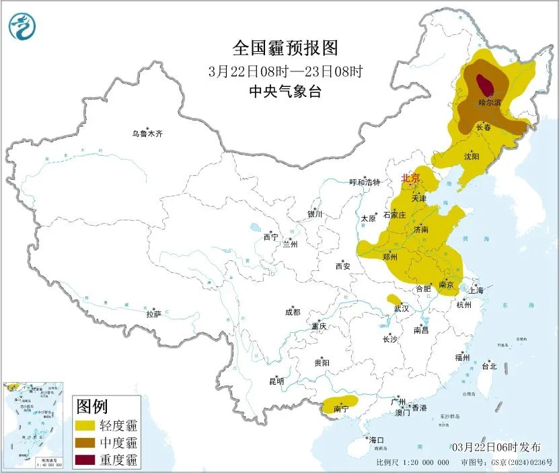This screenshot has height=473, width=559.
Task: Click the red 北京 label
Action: point(410,179)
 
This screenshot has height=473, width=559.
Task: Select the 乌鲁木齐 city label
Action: point(147,134)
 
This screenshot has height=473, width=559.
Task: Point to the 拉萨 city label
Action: point(154,313)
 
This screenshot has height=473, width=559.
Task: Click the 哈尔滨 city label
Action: point(489,103)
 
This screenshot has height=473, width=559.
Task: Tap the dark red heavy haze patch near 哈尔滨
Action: point(483,85)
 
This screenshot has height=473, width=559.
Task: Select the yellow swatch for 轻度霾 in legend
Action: point(85,425)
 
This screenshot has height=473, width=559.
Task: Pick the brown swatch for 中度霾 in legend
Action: point(85,443)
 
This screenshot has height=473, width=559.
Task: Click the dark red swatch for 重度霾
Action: point(85,460)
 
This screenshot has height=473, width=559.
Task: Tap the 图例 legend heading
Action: point(93,406)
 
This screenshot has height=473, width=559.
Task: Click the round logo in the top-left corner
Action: point(22,26)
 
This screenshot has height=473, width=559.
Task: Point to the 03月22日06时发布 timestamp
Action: point(496,447)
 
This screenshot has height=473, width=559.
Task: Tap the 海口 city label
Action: point(376,440)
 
